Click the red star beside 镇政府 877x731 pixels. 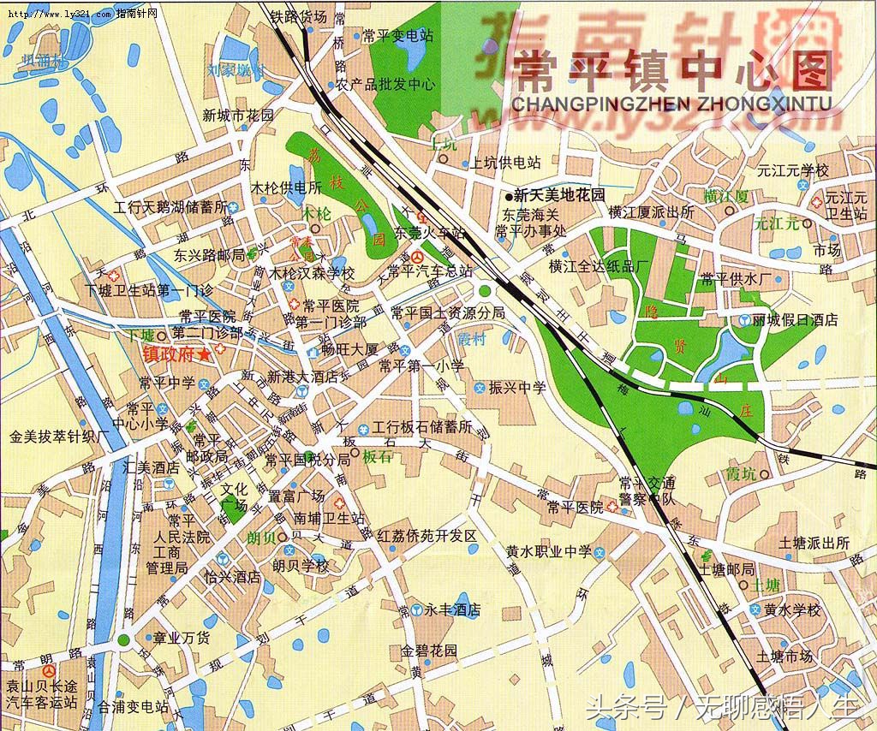(204, 354)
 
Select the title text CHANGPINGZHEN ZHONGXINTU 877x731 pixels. (671, 104)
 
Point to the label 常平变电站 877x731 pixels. (397, 36)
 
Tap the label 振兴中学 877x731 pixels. (517, 388)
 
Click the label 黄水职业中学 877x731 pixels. (549, 552)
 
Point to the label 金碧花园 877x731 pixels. (429, 651)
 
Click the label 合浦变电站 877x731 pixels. (133, 707)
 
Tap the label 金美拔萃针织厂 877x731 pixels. (61, 436)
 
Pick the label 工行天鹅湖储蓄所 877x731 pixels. (170, 207)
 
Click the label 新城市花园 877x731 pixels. (238, 115)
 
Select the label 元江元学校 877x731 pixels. (787, 170)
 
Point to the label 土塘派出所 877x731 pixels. (814, 543)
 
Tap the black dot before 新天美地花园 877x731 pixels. (508, 196)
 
